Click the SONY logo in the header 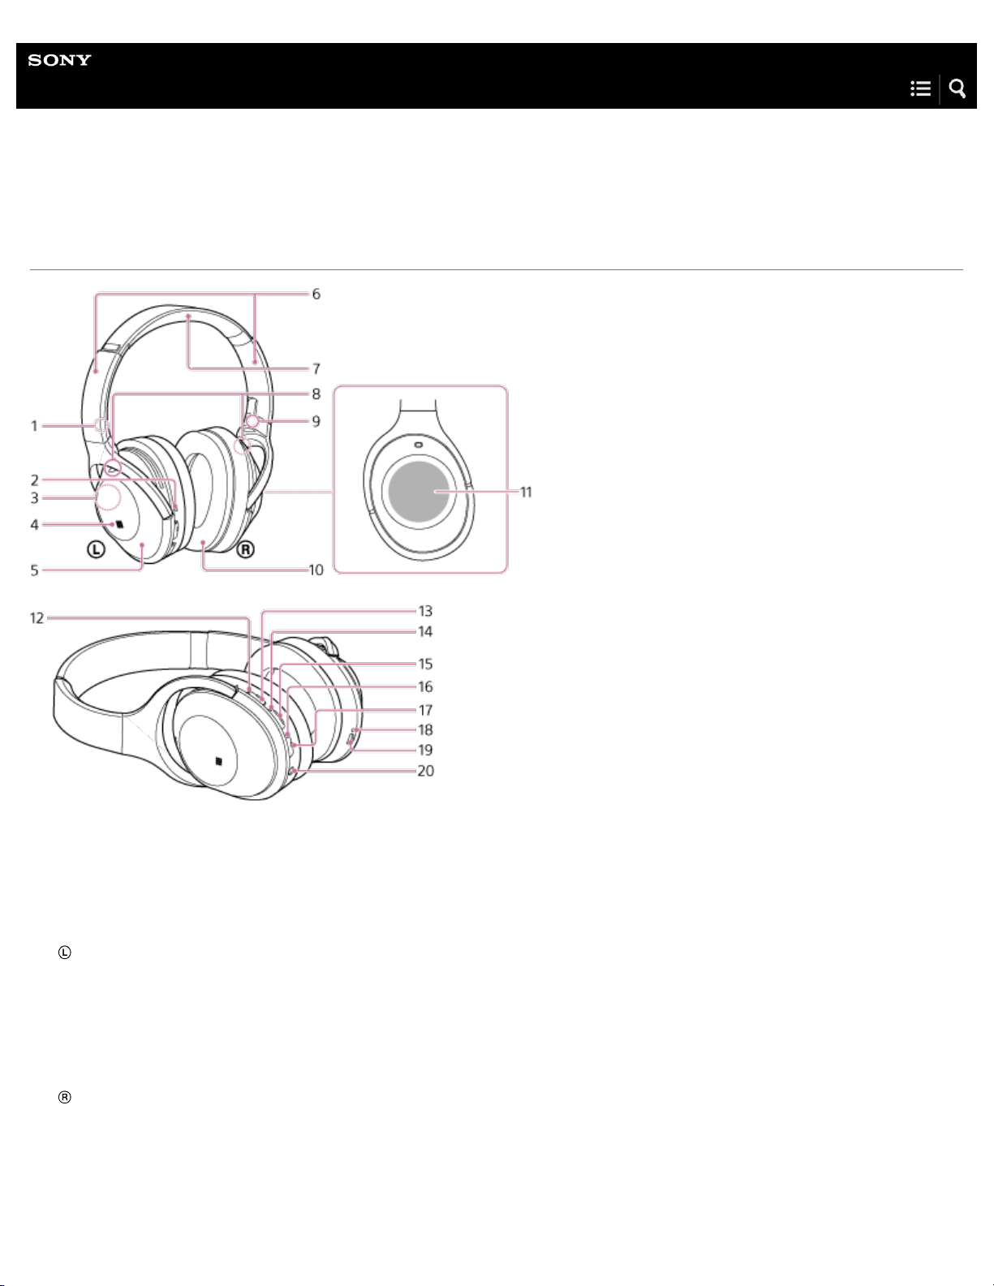point(60,60)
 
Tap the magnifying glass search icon point(957,88)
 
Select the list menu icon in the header point(921,88)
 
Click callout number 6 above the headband point(316,295)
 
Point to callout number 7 point(316,369)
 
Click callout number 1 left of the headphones point(34,426)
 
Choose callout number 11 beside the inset point(526,492)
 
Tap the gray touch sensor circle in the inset point(419,492)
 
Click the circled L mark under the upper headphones point(96,550)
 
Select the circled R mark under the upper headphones point(246,550)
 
